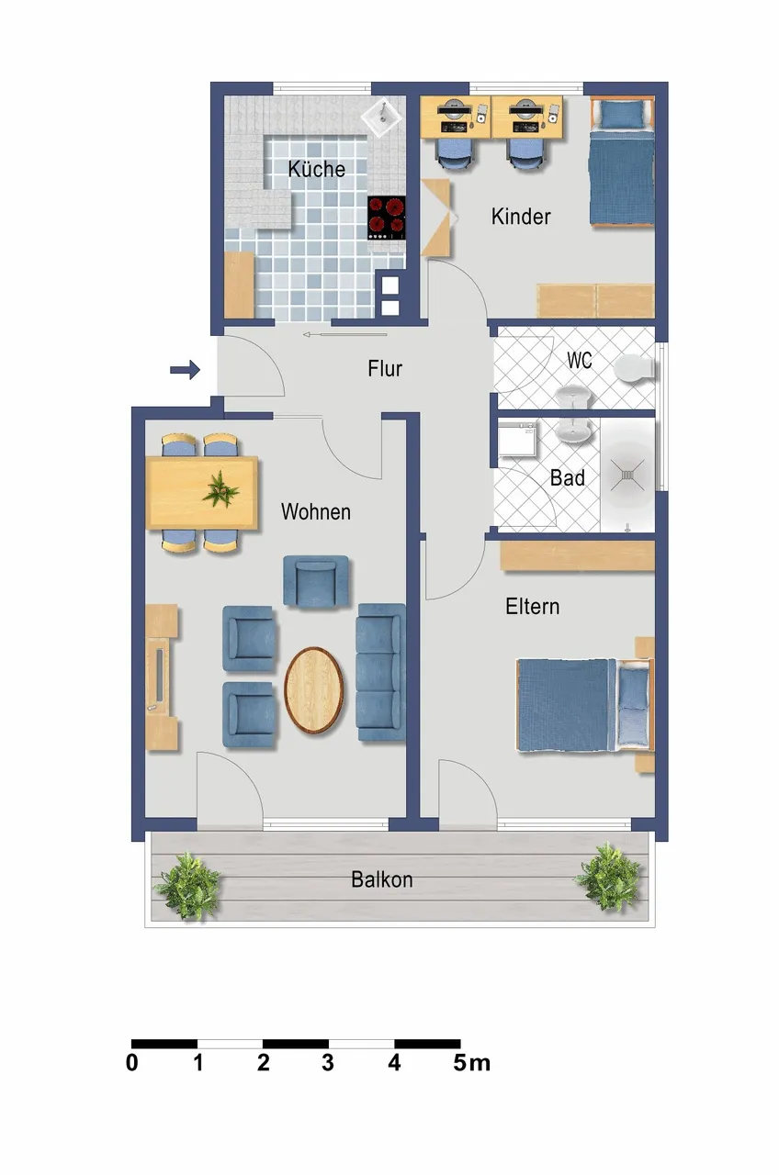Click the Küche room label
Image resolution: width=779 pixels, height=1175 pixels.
tap(317, 169)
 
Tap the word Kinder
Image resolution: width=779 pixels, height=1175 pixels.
tap(521, 216)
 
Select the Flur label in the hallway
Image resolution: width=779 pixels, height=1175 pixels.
tap(385, 368)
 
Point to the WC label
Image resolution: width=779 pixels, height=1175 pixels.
tap(580, 360)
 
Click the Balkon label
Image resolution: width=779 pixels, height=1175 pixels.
tap(381, 879)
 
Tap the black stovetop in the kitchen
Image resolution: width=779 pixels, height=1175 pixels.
tap(387, 218)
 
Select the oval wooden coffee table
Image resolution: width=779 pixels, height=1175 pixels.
tap(314, 689)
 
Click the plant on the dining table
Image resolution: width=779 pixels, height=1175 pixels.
tap(220, 489)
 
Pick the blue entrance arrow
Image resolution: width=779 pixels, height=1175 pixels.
tap(185, 370)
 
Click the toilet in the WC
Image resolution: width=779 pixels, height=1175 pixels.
tap(635, 368)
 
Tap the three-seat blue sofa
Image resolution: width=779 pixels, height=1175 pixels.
tap(381, 672)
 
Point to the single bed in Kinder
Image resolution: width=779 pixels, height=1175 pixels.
tap(622, 162)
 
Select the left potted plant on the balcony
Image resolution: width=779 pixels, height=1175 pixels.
tap(187, 887)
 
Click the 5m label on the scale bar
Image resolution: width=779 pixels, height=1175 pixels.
tap(472, 1063)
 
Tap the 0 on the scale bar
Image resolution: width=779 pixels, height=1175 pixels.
tap(131, 1063)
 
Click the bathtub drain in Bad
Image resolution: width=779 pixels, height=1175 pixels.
tap(627, 476)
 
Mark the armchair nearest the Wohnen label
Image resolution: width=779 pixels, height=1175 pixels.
tap(316, 581)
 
